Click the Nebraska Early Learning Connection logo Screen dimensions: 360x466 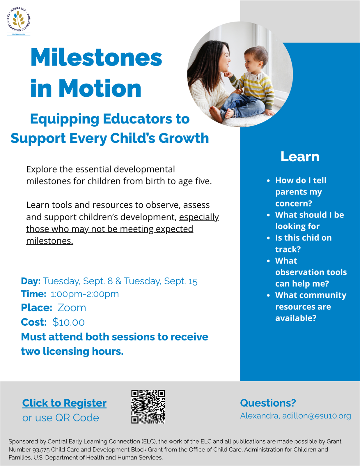coord(19,21)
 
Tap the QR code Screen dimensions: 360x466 coord(148,407)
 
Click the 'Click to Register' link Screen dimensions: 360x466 coord(64,403)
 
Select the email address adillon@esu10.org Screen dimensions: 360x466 coord(317,416)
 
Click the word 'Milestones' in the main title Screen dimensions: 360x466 coord(96,57)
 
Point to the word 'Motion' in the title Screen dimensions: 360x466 coord(100,88)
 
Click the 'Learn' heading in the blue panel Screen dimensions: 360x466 coord(300,157)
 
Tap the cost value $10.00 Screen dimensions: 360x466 coord(69,322)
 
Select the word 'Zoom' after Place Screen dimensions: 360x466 coord(72,308)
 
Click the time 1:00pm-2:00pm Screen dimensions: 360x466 coord(85,294)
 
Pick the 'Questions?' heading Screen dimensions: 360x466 coord(268,403)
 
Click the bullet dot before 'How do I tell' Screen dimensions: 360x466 coord(268,181)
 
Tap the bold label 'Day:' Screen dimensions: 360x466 coord(31,281)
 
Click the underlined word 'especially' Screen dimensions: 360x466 coord(199,217)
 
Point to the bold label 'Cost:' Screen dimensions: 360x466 coord(34,322)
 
